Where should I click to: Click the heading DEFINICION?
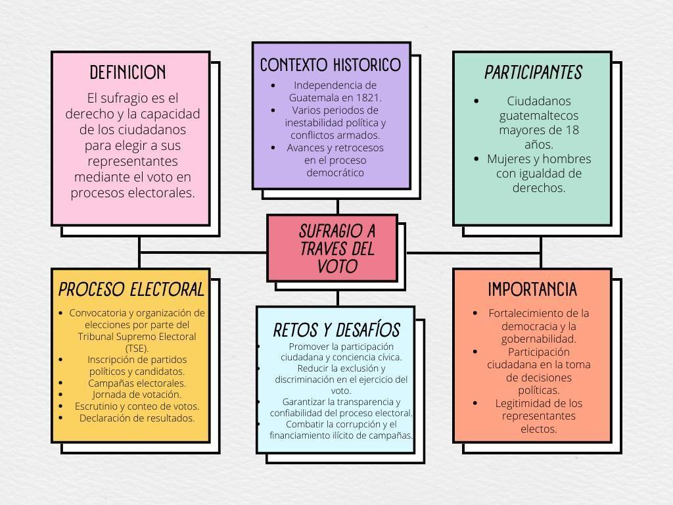[128, 72]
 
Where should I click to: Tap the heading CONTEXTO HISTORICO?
[331, 65]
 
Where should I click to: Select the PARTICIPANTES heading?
[533, 72]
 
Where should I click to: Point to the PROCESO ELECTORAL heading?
[131, 289]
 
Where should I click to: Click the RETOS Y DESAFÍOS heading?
[336, 329]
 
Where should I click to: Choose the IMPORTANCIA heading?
[532, 289]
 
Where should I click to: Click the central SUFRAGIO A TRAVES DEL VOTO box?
[333, 249]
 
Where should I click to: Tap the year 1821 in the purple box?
[368, 97]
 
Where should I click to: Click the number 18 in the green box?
[572, 130]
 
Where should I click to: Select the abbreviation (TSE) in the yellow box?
[137, 348]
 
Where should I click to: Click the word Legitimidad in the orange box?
[522, 403]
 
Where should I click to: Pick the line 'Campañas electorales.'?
[137, 383]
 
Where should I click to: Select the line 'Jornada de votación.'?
[137, 395]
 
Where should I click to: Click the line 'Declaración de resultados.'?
[137, 418]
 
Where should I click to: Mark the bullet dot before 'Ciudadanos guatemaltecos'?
[476, 101]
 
